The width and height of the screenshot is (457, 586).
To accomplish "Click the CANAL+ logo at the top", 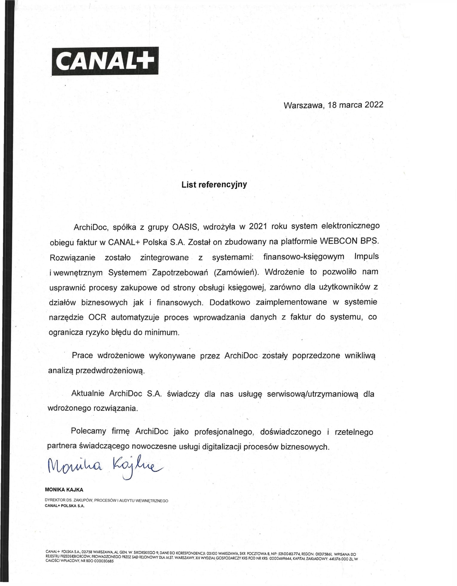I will tap(105, 61).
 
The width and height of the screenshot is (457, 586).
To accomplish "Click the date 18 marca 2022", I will tap(355, 105).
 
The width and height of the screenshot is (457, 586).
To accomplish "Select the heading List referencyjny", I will tap(214, 184).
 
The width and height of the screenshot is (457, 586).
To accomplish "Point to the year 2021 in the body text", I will tap(258, 226).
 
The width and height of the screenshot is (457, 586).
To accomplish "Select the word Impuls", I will tap(366, 256).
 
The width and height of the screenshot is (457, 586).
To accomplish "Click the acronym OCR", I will tap(97, 317).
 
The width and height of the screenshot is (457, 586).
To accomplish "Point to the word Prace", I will tap(82, 355).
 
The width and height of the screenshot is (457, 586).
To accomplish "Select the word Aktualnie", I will tap(88, 393).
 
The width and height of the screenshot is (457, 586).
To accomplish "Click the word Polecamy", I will tap(88, 431).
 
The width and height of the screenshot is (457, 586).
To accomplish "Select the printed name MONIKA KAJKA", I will tap(64, 490).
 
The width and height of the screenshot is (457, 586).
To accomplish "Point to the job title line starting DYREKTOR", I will tap(106, 500).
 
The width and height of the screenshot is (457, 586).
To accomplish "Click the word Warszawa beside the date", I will tap(304, 105).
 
